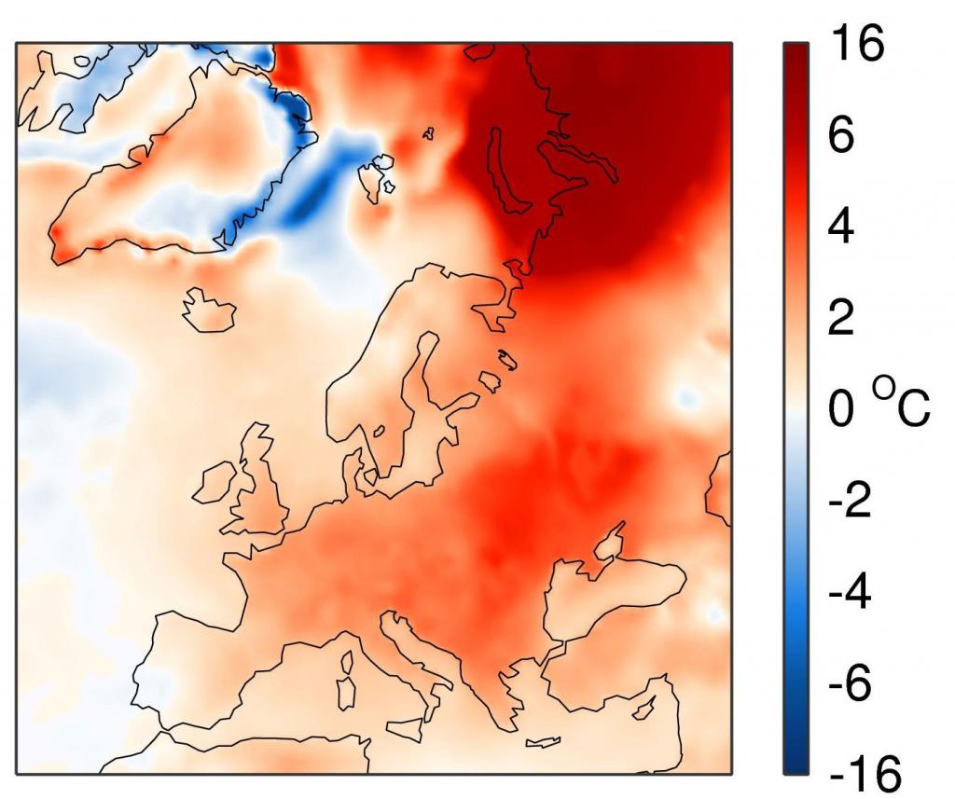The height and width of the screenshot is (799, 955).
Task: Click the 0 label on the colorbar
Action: pyautogui.click(x=841, y=411)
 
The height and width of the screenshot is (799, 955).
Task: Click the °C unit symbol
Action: pyautogui.click(x=901, y=406)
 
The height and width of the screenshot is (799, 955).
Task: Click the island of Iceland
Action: pyautogui.click(x=208, y=310)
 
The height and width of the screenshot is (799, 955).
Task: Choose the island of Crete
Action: pyautogui.click(x=541, y=743)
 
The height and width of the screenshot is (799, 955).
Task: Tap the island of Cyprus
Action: pyautogui.click(x=641, y=711)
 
